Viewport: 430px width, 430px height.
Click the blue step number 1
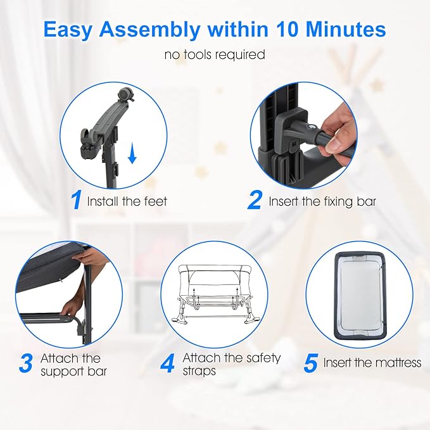[x=76, y=201]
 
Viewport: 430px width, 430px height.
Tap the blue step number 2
[x=255, y=201]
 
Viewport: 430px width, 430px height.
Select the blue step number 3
[x=25, y=364]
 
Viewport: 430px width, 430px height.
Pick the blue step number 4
[x=168, y=364]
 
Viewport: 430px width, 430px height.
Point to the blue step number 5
[x=310, y=364]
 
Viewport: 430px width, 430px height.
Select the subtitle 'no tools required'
[x=215, y=55]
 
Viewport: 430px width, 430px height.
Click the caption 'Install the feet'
[x=127, y=202]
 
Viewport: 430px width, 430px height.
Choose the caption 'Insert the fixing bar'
[x=322, y=202]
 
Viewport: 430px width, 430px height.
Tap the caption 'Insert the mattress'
[x=372, y=363]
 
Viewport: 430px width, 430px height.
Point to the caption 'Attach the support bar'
[x=73, y=364]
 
